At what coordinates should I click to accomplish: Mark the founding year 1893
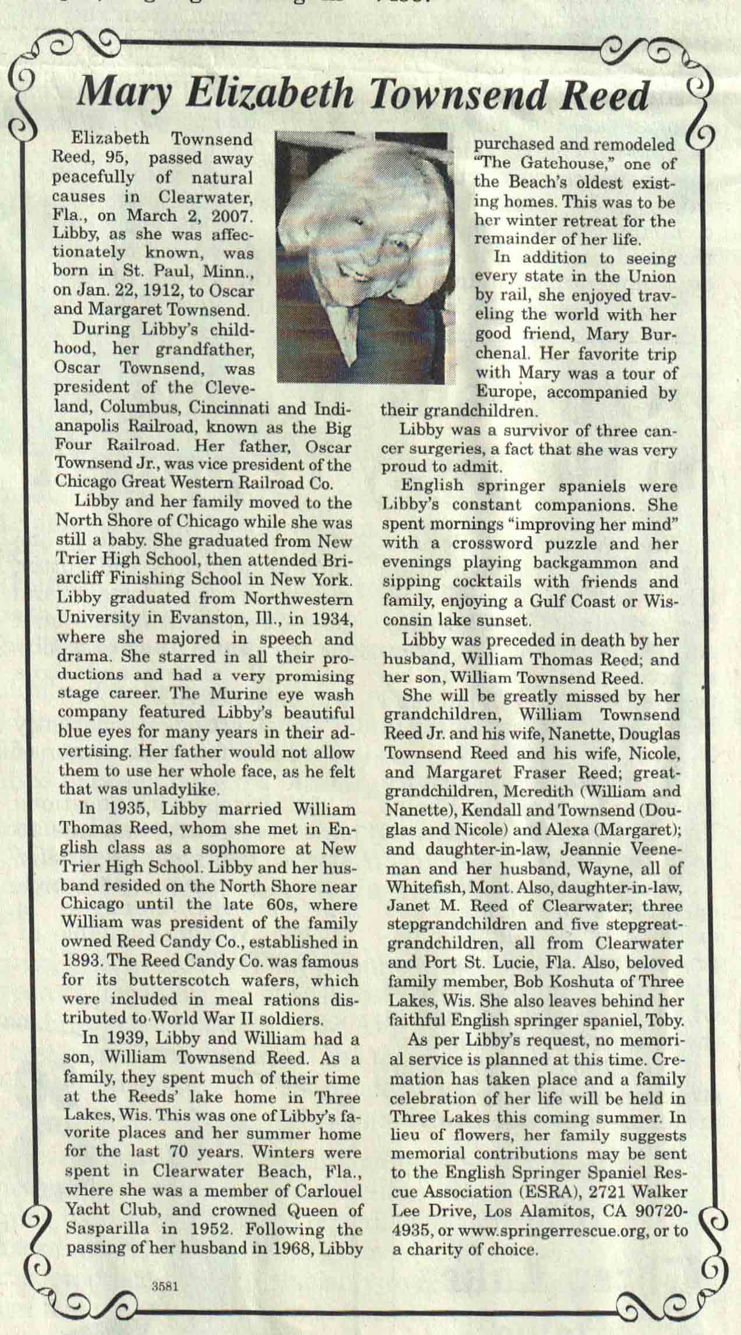[x=79, y=962]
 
